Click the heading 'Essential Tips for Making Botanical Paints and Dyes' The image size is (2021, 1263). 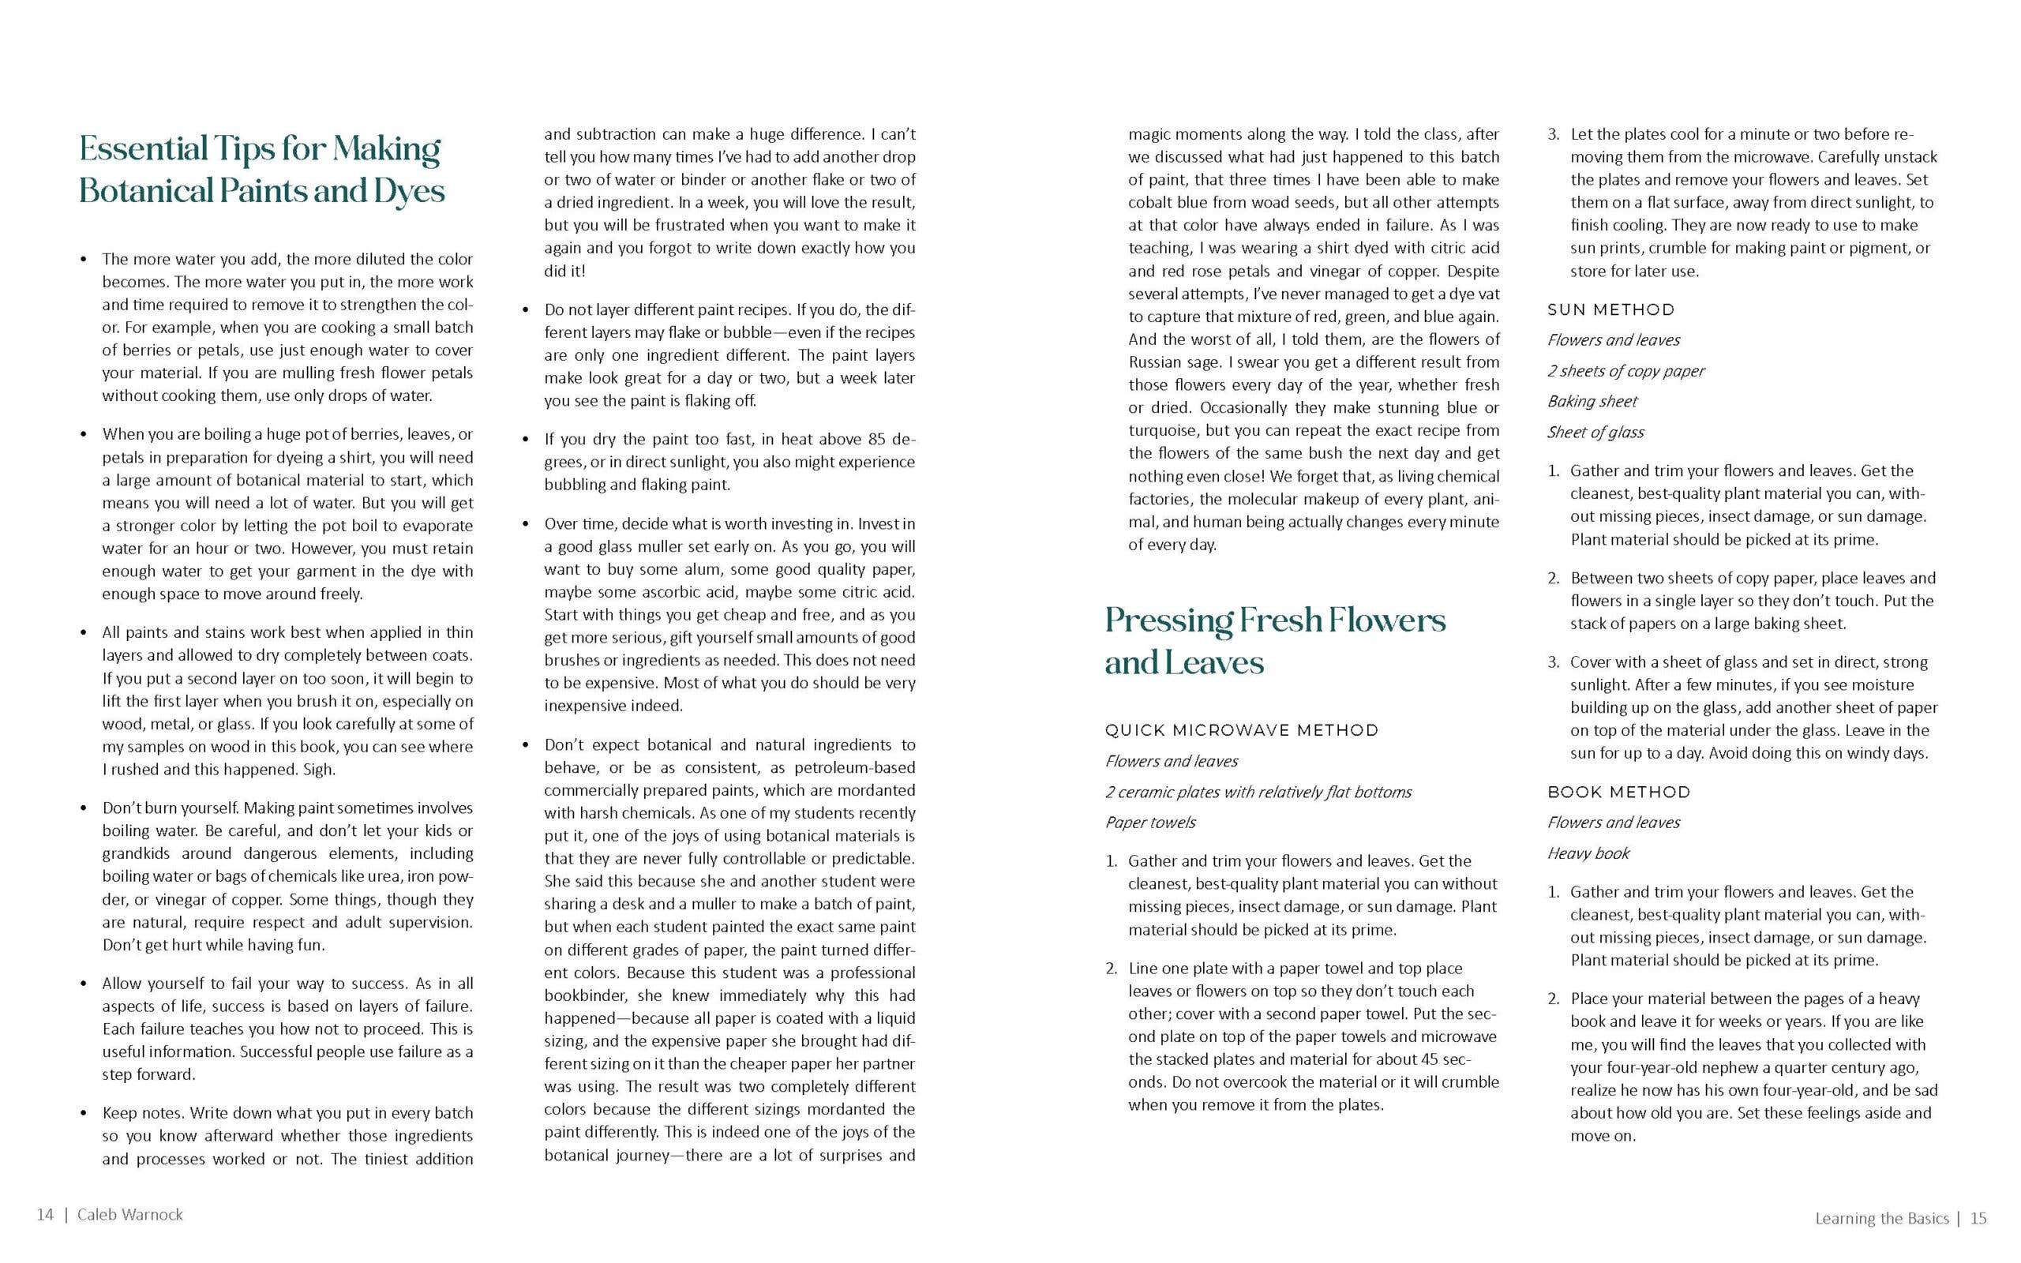(x=261, y=170)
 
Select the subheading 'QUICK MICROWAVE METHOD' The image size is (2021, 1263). (x=1242, y=731)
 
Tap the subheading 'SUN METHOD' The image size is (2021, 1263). (x=1611, y=310)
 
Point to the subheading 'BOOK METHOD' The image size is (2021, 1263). (x=1618, y=792)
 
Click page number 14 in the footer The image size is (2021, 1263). (x=45, y=1215)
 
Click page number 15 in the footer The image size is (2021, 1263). (x=1978, y=1219)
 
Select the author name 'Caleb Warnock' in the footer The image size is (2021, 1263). (x=130, y=1215)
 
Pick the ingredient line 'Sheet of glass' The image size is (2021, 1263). (x=1595, y=433)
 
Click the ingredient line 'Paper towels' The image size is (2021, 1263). (x=1150, y=823)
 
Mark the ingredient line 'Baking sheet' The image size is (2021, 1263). (x=1592, y=402)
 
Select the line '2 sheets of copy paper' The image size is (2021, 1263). (x=1625, y=371)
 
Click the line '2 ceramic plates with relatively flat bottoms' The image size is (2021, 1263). (x=1258, y=792)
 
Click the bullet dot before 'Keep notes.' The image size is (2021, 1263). (x=83, y=1114)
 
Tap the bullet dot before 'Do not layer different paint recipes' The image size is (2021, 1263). (x=525, y=310)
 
